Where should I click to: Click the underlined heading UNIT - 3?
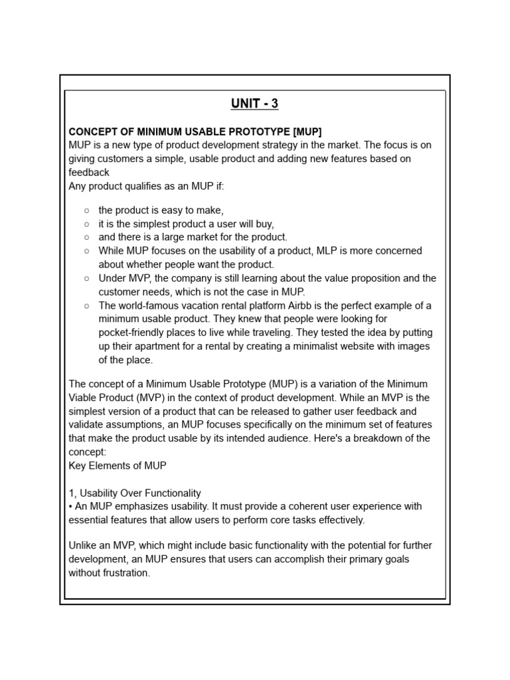(x=254, y=103)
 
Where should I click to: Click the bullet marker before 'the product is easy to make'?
(x=87, y=211)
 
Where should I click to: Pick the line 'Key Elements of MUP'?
(x=118, y=466)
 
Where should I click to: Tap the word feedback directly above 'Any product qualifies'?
(x=89, y=173)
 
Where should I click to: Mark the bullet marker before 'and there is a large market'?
(x=87, y=237)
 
